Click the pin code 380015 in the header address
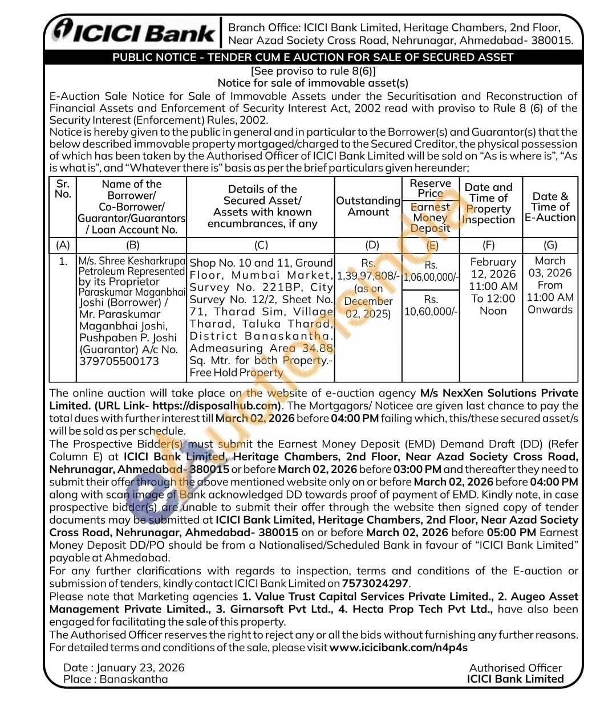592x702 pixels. [x=552, y=40]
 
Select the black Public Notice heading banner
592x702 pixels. [x=313, y=57]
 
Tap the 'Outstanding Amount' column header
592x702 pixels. [x=368, y=206]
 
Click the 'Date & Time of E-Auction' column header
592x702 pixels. [x=550, y=206]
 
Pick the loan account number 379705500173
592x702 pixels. [x=119, y=361]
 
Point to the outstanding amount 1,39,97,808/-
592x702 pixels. [x=368, y=276]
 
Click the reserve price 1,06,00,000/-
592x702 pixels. [x=431, y=277]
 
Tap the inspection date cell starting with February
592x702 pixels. [x=493, y=286]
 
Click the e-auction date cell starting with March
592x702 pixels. [x=550, y=285]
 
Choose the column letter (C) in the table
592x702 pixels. [x=261, y=245]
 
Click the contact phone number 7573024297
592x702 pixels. [x=375, y=583]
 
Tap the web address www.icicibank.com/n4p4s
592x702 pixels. [x=399, y=647]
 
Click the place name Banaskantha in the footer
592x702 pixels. [x=134, y=679]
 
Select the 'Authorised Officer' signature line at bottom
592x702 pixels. [x=515, y=668]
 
